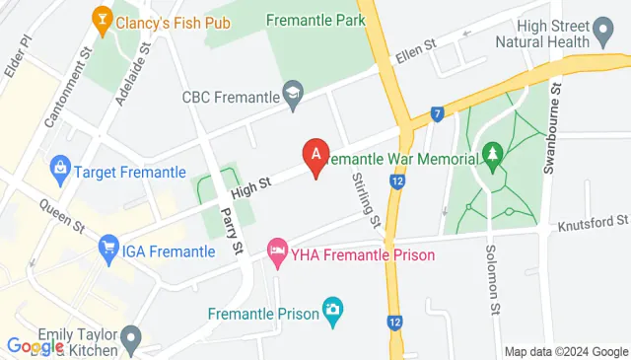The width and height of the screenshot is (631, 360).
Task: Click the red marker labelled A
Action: (315, 155)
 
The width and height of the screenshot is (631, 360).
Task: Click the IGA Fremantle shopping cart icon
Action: (108, 251)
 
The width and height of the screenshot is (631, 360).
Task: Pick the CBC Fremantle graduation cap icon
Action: (292, 97)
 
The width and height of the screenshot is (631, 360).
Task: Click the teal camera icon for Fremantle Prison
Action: (333, 314)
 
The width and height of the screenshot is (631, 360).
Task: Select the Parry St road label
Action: (233, 233)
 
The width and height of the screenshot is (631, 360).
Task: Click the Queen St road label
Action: (61, 217)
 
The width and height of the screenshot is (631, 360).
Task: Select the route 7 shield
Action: (435, 114)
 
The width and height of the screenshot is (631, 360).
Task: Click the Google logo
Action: (35, 346)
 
